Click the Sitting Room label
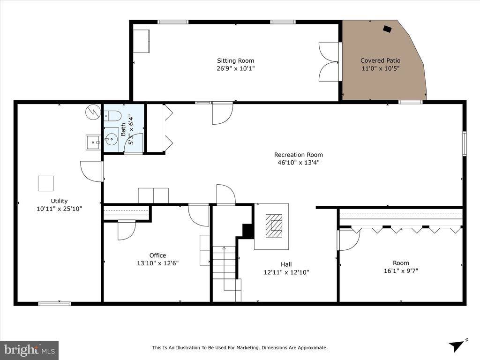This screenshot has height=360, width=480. tap(235, 60)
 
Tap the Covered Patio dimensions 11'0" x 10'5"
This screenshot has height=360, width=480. tap(380, 68)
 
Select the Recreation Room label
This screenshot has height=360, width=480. tap(298, 155)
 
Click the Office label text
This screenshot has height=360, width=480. tap(157, 255)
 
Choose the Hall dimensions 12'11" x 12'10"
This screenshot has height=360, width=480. tap(286, 272)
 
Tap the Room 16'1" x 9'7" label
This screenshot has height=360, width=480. tap(401, 263)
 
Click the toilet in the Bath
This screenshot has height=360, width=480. tap(112, 115)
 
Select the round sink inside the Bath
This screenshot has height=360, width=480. tap(112, 138)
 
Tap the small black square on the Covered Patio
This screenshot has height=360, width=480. tap(387, 29)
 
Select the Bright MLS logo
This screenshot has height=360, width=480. tap(29, 350)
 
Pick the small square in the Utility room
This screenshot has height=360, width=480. tap(45, 183)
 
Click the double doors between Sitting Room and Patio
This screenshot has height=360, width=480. tap(329, 61)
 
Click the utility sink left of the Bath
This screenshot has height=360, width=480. tap(93, 142)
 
